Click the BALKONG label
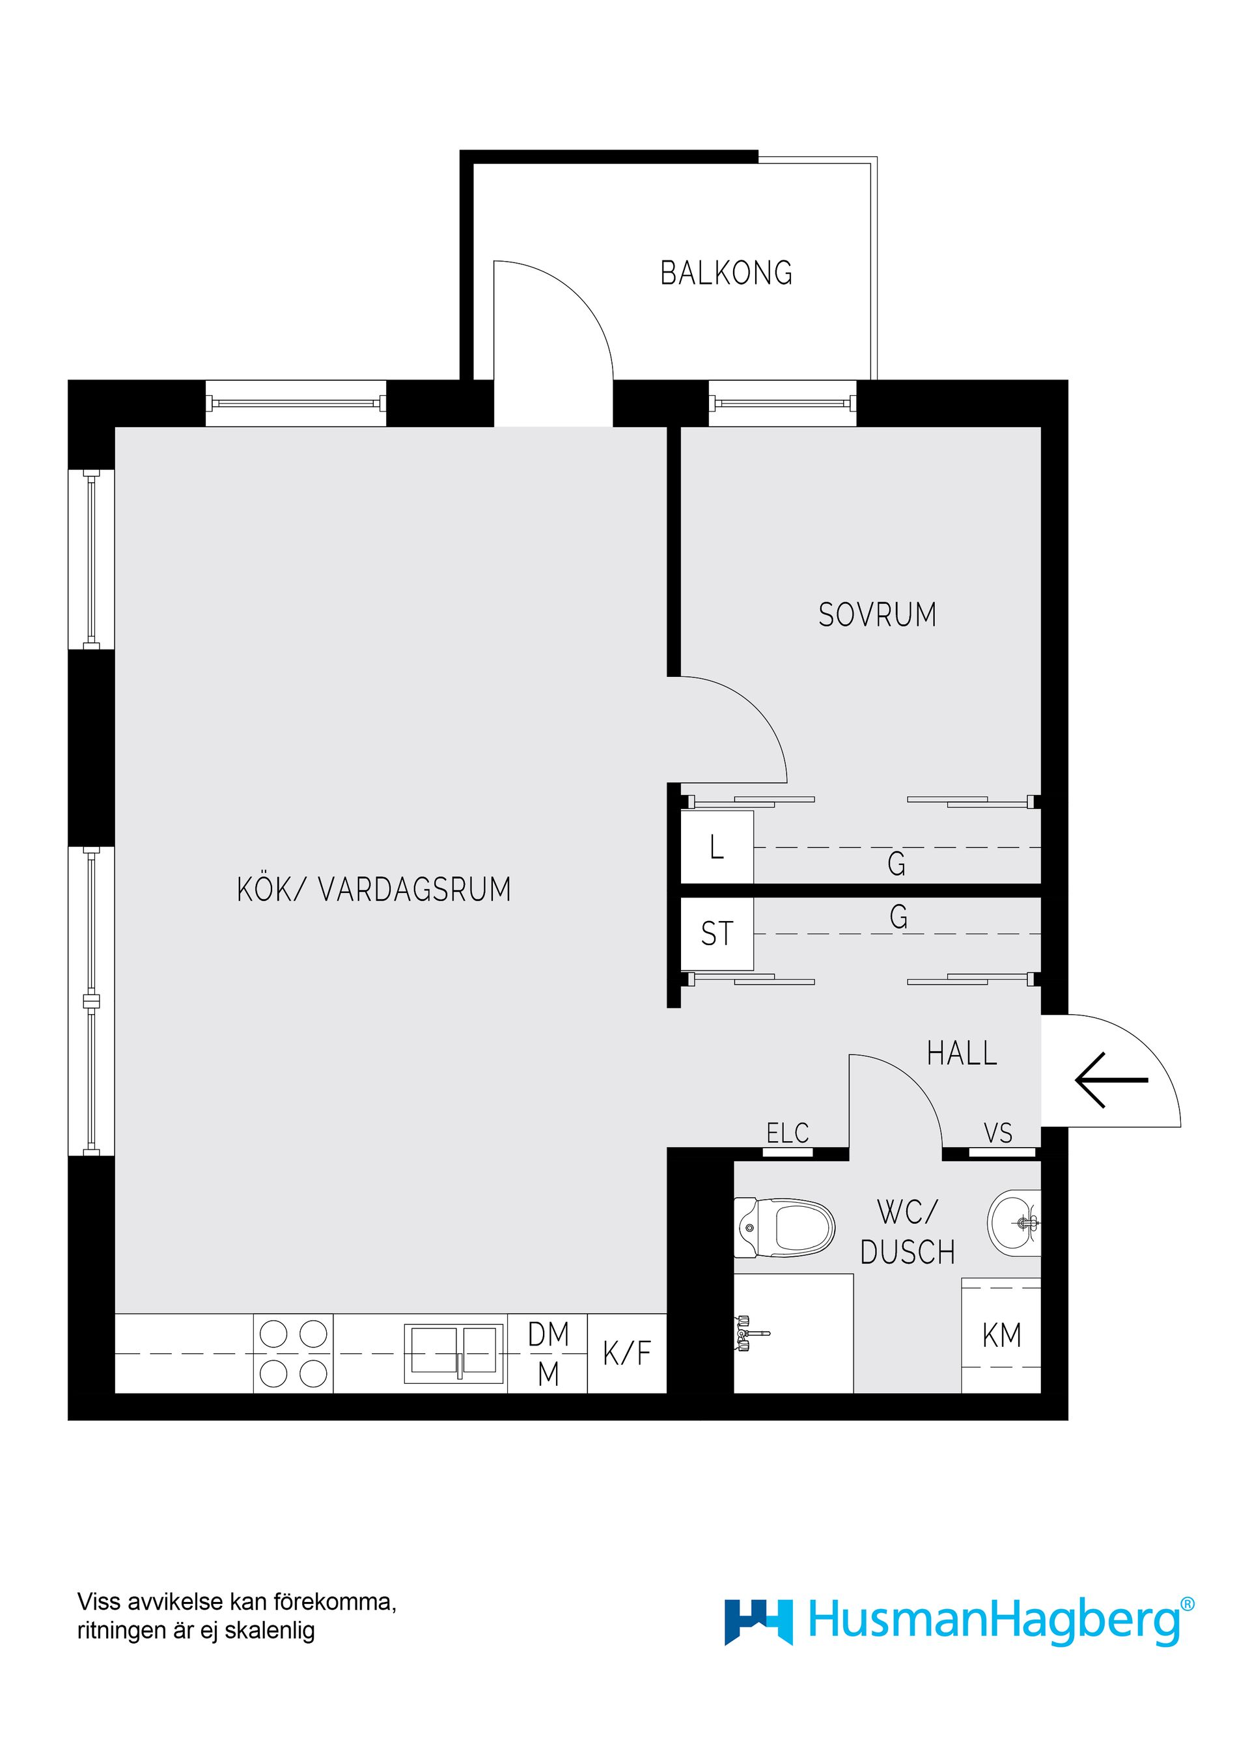click(x=726, y=273)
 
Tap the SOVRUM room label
click(x=877, y=615)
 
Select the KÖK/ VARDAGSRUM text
click(x=374, y=889)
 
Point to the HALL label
click(x=962, y=1054)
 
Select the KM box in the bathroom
click(x=1001, y=1335)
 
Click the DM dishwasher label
click(x=548, y=1334)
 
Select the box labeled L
click(x=717, y=848)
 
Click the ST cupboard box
click(x=717, y=933)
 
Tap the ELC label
click(x=787, y=1133)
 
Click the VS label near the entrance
click(x=997, y=1133)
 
